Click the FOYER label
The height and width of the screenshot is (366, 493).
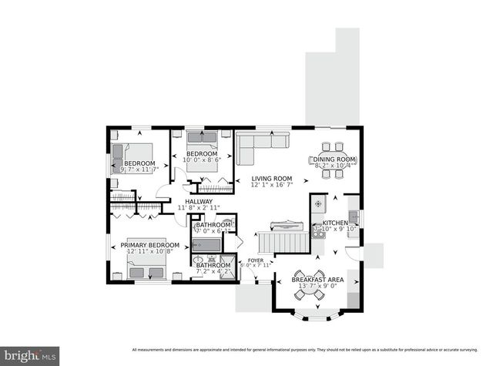click(x=255, y=260)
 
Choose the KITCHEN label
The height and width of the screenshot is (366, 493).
click(x=336, y=222)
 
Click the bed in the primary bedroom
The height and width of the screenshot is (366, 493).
click(x=147, y=269)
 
